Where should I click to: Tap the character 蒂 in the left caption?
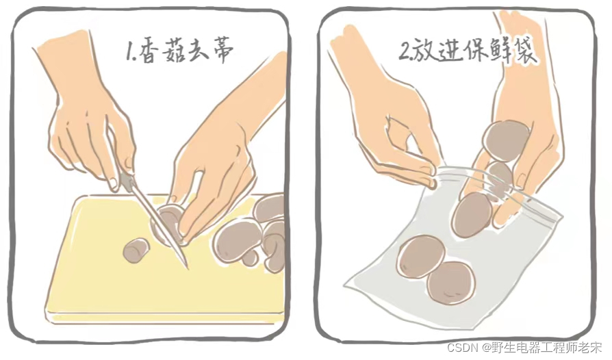(x=221, y=51)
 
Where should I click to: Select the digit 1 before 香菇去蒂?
(x=129, y=51)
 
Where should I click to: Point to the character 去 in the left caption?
(x=196, y=51)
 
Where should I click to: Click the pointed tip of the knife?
(x=188, y=268)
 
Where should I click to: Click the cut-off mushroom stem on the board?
(x=136, y=250)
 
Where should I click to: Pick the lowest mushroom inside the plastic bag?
(x=451, y=283)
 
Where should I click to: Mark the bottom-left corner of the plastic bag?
(x=344, y=285)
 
